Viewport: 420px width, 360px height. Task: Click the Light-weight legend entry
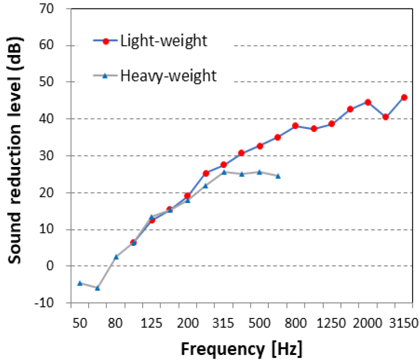pyautogui.click(x=163, y=41)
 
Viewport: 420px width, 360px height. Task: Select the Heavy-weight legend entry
pyautogui.click(x=168, y=75)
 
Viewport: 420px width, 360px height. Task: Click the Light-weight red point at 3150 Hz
pyautogui.click(x=404, y=97)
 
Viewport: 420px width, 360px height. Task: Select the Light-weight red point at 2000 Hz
pyautogui.click(x=367, y=102)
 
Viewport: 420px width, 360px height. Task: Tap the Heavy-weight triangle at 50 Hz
pyautogui.click(x=80, y=283)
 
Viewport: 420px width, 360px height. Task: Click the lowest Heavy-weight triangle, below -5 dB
pyautogui.click(x=98, y=288)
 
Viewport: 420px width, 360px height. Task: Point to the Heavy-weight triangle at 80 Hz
pyautogui.click(x=116, y=257)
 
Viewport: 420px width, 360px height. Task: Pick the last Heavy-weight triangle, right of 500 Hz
pyautogui.click(x=278, y=176)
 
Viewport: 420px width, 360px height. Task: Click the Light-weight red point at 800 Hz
pyautogui.click(x=295, y=125)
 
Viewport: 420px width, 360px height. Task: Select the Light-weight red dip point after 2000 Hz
pyautogui.click(x=385, y=117)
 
